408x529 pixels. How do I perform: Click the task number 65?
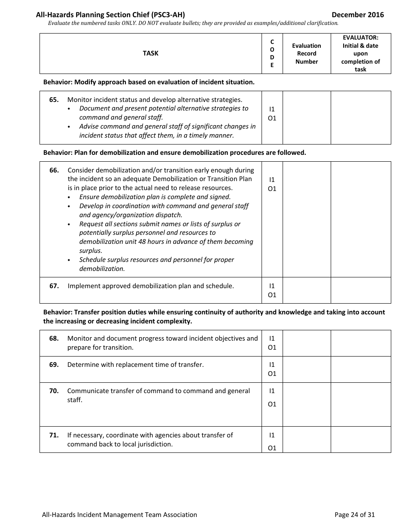54,99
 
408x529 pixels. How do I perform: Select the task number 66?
54,170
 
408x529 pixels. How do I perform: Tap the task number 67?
54,286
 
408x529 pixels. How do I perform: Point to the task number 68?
54,338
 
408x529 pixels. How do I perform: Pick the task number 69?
54,364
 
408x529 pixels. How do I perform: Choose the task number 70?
54,391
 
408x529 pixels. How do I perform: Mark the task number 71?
54,435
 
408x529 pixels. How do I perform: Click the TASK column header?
150,53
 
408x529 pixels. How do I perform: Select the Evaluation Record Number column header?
306,53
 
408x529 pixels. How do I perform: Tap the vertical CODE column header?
272,53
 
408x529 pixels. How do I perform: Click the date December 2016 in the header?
358,15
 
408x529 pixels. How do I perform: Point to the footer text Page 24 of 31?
354,514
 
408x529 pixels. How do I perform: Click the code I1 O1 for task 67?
272,290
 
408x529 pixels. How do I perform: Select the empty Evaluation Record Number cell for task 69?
306,369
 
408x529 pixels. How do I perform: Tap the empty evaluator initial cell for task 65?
360,117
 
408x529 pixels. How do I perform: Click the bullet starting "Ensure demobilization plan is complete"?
155,197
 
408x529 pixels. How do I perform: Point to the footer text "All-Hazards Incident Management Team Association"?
119,514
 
